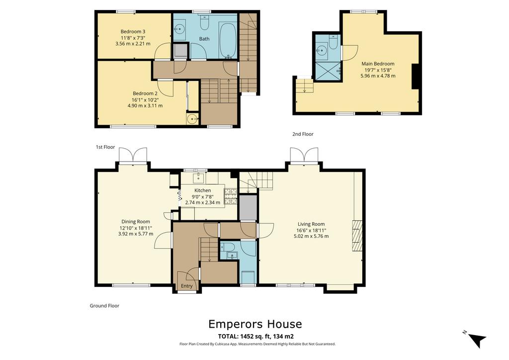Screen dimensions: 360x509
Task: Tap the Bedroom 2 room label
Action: (x=145, y=93)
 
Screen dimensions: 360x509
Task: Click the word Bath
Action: (x=204, y=38)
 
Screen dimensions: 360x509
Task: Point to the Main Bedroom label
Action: (x=378, y=64)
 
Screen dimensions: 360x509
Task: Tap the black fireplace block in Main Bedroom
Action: (x=417, y=77)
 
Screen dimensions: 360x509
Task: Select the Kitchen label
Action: (x=202, y=190)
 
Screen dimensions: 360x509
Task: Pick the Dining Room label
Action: (x=136, y=222)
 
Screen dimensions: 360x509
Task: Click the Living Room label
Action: (x=311, y=224)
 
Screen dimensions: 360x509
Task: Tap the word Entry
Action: (x=187, y=286)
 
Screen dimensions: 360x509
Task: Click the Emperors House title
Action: (x=254, y=324)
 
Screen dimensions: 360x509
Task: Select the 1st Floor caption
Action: (x=105, y=147)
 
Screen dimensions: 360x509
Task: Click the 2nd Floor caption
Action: (x=303, y=134)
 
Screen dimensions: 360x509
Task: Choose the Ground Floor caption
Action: (x=104, y=306)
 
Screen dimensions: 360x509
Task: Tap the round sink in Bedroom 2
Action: (x=192, y=118)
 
